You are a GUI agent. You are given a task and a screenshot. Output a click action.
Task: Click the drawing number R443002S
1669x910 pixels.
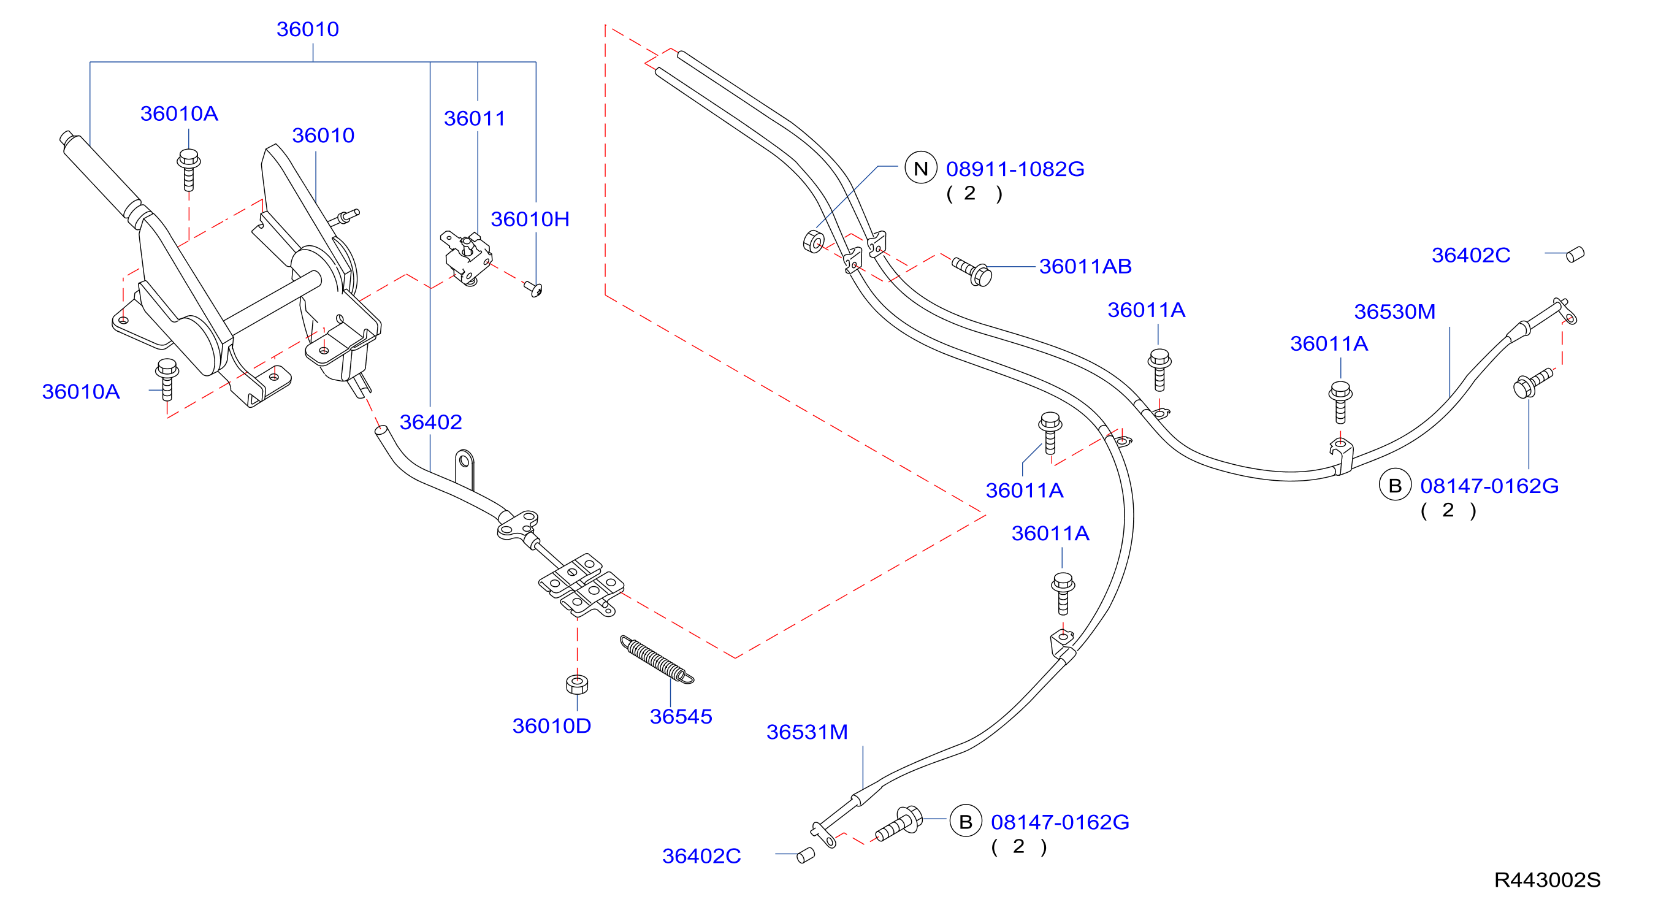[1546, 880]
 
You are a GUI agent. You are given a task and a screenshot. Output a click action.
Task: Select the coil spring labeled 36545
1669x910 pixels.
[656, 659]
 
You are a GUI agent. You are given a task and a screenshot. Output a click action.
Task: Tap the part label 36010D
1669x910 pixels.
[551, 726]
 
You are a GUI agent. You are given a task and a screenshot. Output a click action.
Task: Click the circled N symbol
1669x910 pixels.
[921, 168]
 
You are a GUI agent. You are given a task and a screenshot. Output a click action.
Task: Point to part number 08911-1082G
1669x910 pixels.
[1015, 169]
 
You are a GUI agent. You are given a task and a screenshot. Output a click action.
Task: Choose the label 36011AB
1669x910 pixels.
[1085, 266]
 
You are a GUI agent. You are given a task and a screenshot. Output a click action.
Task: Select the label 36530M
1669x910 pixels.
[1394, 312]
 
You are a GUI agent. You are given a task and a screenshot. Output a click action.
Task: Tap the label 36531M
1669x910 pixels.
[807, 732]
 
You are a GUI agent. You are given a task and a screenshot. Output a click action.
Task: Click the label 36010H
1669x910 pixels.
[530, 219]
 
